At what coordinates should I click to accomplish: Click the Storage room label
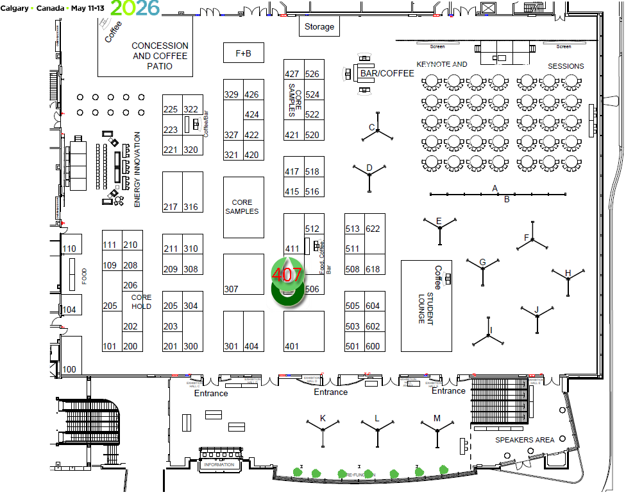click(319, 26)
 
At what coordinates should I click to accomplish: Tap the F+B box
click(244, 53)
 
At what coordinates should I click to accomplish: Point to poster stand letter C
click(372, 127)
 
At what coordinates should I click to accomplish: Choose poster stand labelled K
click(323, 419)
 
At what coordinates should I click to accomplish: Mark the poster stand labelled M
click(437, 419)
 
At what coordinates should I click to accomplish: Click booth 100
click(69, 369)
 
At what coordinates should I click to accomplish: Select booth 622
click(373, 229)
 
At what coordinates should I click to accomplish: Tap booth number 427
click(292, 74)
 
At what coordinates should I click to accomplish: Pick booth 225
click(171, 110)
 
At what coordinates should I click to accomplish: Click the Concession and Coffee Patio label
click(160, 56)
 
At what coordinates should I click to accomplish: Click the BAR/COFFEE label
click(387, 73)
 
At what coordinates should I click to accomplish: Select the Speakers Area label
click(525, 440)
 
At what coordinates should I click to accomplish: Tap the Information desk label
click(219, 464)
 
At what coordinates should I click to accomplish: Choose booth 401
click(292, 347)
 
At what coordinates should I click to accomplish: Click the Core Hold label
click(141, 302)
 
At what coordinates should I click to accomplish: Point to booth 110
click(69, 249)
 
